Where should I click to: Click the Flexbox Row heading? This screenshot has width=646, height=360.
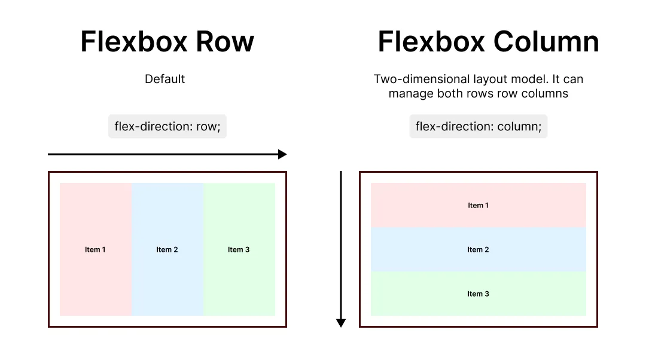(167, 42)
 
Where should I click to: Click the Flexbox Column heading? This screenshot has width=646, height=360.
(488, 42)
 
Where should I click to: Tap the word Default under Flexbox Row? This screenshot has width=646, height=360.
(164, 79)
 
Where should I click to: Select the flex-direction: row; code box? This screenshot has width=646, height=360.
(167, 127)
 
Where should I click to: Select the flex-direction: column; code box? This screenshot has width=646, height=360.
(478, 127)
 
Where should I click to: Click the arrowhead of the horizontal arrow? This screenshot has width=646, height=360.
(282, 154)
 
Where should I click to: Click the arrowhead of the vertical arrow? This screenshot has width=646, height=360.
(341, 323)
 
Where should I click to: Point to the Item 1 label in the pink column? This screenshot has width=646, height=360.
(95, 249)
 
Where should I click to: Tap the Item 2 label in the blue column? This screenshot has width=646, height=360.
(167, 249)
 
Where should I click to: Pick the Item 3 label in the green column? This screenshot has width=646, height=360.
(239, 249)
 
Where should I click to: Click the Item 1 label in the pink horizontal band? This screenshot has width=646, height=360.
(478, 205)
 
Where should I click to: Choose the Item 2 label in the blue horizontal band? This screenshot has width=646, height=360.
(478, 249)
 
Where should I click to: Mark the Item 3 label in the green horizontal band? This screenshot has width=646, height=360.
(478, 294)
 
